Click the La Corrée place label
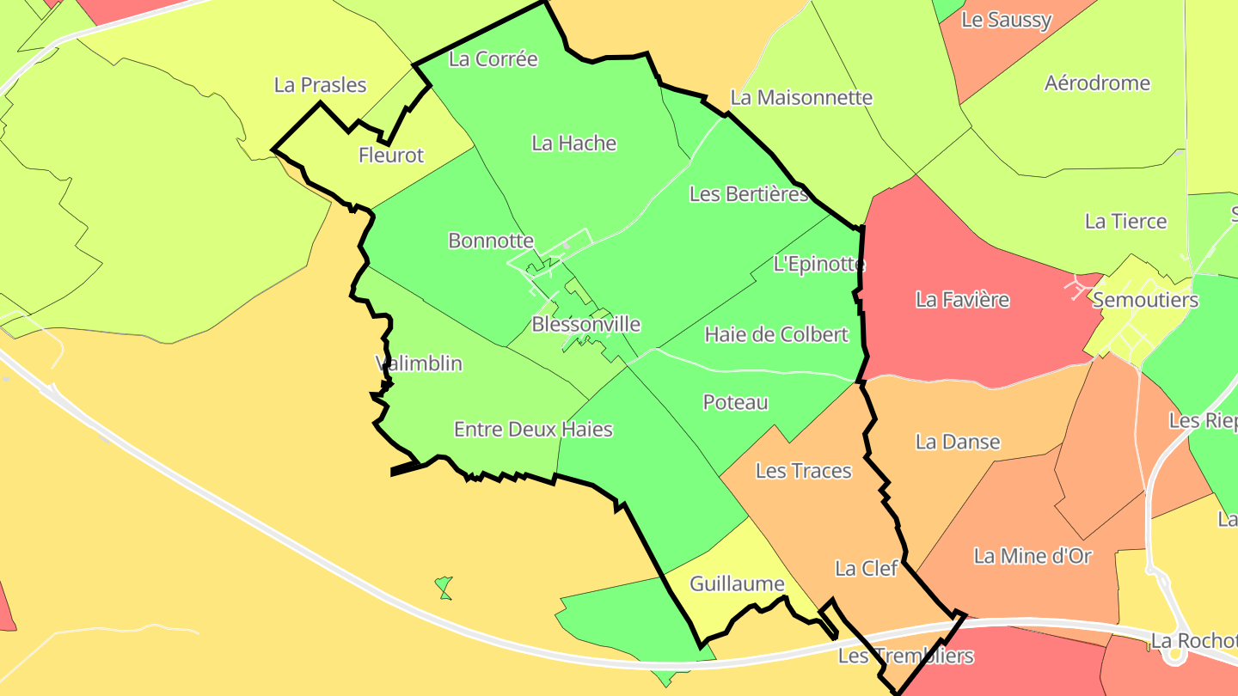(493, 59)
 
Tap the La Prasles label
(321, 85)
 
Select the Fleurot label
(391, 156)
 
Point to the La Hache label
(574, 143)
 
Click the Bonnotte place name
(491, 241)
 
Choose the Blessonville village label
(586, 324)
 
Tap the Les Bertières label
(749, 194)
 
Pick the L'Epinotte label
(819, 264)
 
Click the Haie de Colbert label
(776, 334)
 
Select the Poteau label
(735, 402)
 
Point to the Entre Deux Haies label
(533, 429)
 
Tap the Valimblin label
(419, 363)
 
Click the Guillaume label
(738, 584)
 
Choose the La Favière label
(962, 300)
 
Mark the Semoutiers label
(1145, 300)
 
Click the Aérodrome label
(1097, 83)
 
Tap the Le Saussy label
(1006, 20)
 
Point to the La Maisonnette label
(801, 98)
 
